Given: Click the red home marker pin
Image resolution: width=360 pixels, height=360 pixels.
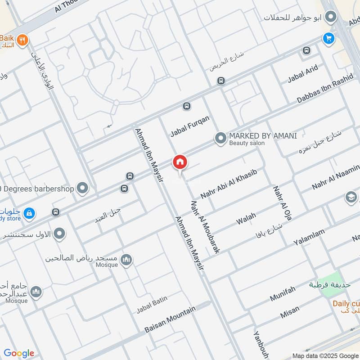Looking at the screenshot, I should pyautogui.click(x=180, y=162).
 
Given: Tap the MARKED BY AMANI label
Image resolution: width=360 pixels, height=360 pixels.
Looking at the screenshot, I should pyautogui.click(x=263, y=135).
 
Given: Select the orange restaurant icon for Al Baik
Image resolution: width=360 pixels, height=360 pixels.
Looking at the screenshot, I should pyautogui.click(x=24, y=39).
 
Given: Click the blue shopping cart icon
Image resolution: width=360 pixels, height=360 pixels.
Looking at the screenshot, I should pyautogui.click(x=328, y=39).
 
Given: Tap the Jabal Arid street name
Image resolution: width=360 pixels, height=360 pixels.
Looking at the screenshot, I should pyautogui.click(x=303, y=74).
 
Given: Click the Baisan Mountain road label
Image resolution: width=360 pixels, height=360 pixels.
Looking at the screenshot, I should pyautogui.click(x=170, y=320).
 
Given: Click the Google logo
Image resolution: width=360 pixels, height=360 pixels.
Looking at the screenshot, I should pyautogui.click(x=19, y=353).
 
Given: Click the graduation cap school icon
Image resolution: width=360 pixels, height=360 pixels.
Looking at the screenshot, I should pyautogui.click(x=351, y=197).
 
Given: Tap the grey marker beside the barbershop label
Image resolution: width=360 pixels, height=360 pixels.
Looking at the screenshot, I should pyautogui.click(x=82, y=188).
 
